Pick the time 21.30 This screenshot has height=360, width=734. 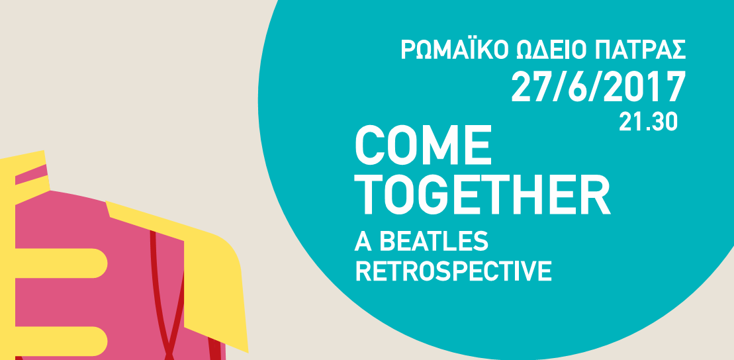(649, 122)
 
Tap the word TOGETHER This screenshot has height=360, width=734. (482, 196)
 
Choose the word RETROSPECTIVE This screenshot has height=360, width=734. (453, 271)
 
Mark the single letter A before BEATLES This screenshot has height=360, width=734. (361, 242)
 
